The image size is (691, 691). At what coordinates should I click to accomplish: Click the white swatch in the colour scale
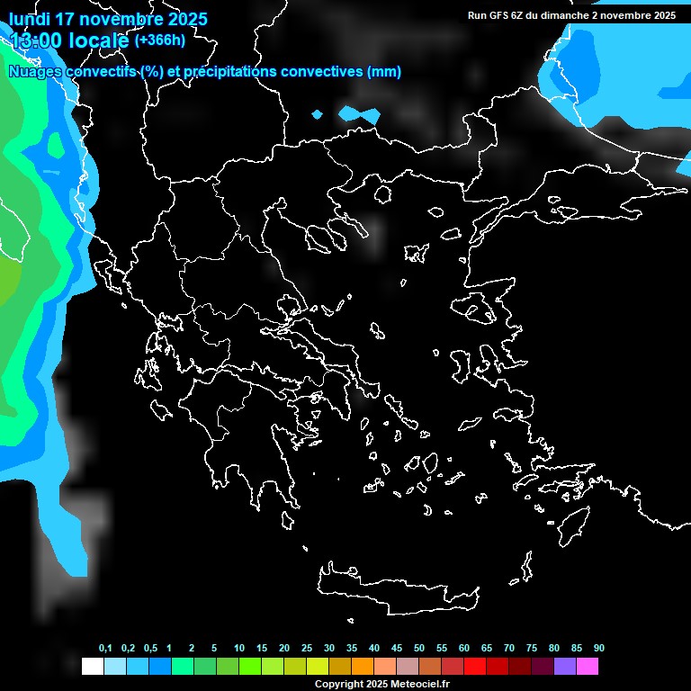click(92, 666)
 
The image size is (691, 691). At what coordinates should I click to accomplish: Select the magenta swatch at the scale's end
click(588, 666)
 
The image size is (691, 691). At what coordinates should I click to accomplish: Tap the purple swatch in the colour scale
click(565, 666)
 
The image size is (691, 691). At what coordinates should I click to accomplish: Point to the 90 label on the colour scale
click(599, 649)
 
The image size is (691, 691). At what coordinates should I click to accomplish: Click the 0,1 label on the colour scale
click(105, 649)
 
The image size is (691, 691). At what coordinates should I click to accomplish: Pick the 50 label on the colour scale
click(419, 649)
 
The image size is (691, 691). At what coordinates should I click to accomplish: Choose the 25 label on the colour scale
click(307, 649)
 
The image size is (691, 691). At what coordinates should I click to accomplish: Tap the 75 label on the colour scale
click(532, 649)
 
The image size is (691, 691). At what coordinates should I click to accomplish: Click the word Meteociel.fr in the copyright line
click(420, 685)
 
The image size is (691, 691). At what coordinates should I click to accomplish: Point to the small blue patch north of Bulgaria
click(359, 114)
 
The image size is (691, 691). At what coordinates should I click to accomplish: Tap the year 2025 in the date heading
click(182, 19)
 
